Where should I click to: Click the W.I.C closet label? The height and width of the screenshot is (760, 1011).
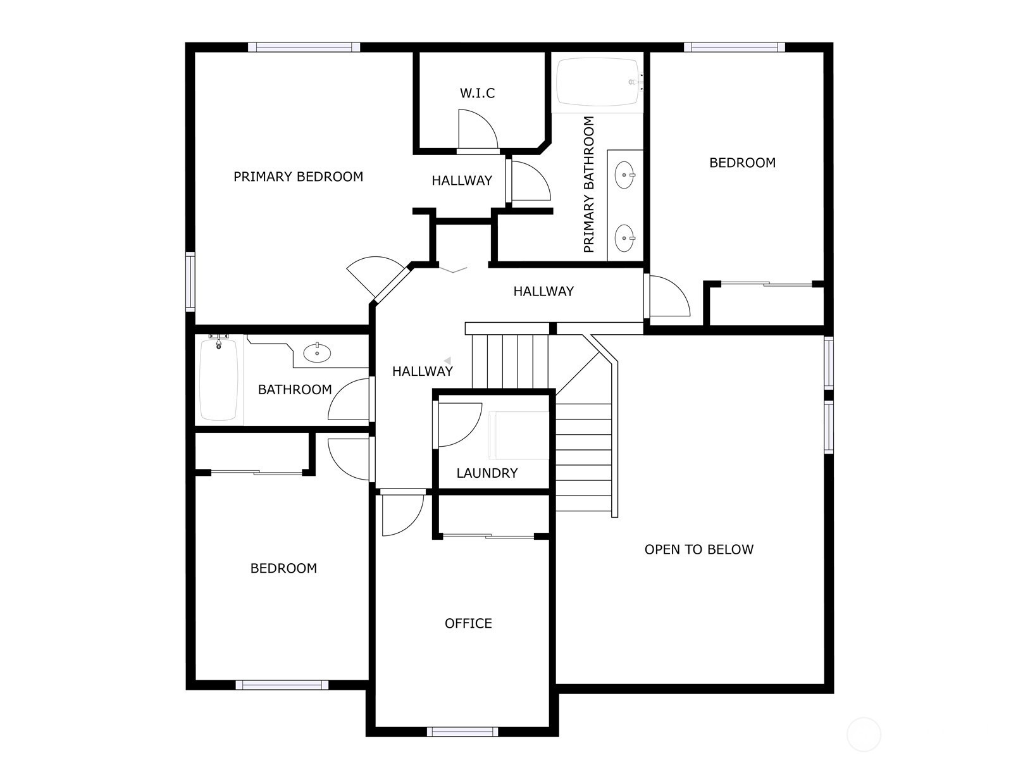point(477,93)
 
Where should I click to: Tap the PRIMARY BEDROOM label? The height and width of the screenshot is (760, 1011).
point(298,177)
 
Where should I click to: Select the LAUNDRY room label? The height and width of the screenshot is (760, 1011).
point(487,473)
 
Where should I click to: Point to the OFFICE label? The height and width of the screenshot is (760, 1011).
point(468,623)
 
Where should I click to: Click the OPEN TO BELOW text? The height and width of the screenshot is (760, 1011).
point(698,549)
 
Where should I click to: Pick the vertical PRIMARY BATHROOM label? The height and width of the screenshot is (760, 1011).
point(588,184)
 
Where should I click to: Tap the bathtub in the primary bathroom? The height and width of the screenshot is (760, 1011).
point(598,82)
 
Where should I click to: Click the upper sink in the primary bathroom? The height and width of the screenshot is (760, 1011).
point(624,175)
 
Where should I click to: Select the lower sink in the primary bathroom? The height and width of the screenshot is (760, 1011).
point(624,238)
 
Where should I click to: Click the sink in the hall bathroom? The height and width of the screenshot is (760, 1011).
point(317,353)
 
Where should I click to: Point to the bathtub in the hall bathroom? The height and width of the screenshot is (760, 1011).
point(219,380)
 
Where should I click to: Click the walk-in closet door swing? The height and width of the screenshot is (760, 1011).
point(478,130)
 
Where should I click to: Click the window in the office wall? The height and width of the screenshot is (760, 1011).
point(462,732)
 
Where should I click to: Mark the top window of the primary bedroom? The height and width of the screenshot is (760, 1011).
point(304,47)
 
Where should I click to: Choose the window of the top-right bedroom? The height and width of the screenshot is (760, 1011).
point(734,47)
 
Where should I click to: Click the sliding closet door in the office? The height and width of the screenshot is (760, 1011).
point(488,536)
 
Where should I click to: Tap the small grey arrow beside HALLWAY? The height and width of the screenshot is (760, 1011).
point(447,361)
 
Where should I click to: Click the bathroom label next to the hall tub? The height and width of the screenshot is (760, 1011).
point(295,390)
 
